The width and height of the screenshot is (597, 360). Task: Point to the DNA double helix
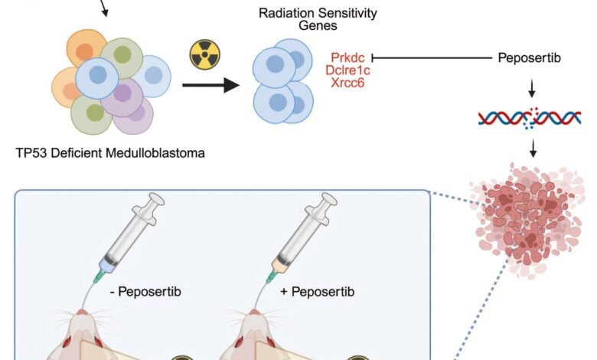pyautogui.click(x=529, y=117)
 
